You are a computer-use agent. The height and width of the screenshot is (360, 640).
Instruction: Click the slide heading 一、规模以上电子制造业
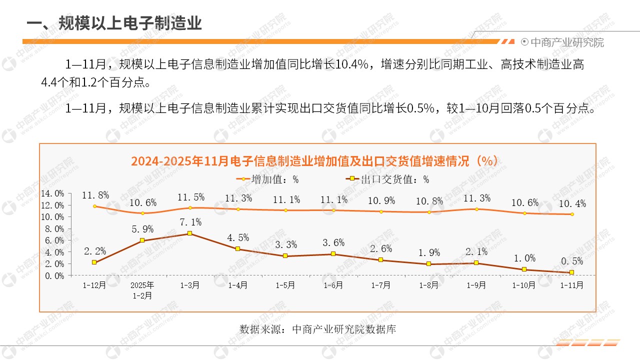pos(114,23)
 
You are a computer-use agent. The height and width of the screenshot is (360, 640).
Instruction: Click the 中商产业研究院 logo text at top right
pos(566,42)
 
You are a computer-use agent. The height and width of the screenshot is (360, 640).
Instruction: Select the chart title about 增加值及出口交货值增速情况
pos(314,161)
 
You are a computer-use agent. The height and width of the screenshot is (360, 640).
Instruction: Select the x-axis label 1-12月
pos(94,285)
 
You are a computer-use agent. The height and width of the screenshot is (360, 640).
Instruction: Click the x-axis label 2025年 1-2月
pos(142,290)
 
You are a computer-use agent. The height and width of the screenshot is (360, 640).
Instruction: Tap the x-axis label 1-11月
pos(571,285)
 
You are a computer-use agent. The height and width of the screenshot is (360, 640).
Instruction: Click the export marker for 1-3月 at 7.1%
pos(190,233)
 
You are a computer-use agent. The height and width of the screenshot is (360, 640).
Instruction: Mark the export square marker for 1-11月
pos(572,272)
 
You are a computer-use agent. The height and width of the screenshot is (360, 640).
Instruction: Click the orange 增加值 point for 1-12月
pos(94,206)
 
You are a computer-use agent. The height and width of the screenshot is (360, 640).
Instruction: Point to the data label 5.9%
pos(142,229)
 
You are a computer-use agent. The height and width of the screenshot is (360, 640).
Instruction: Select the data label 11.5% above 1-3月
pos(190,197)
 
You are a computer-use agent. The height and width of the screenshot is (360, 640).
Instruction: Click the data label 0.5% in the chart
pos(572,261)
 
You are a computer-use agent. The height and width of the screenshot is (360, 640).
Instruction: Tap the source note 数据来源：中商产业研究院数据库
pos(317,329)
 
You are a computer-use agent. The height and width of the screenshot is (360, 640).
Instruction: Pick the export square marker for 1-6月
pos(333,254)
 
